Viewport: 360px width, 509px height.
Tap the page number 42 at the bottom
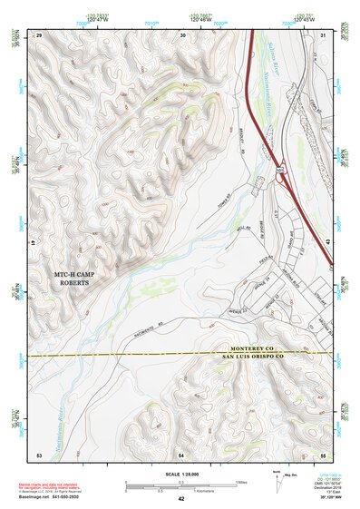180,499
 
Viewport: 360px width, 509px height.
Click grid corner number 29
39,34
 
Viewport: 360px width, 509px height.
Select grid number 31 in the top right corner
323,34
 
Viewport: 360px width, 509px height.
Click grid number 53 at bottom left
39,454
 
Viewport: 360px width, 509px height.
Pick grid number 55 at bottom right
323,454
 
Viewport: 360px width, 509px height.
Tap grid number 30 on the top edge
182,34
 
